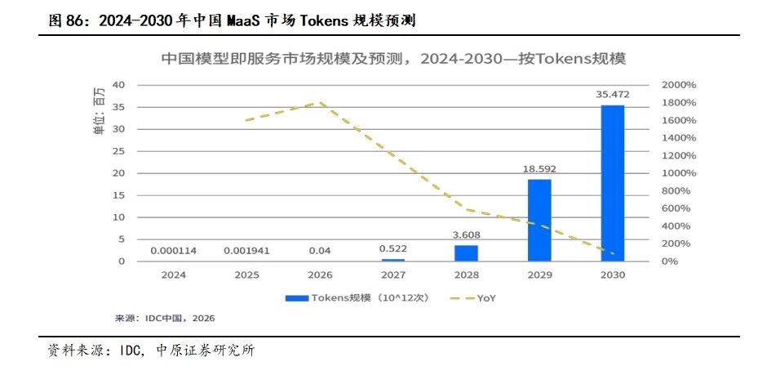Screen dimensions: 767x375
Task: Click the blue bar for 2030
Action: pos(613,183)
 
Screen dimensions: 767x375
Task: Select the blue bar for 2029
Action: pos(539,221)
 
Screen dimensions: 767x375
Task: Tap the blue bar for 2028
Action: pos(466,253)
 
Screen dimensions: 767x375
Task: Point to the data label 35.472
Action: pos(613,95)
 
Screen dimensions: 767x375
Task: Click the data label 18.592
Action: pos(539,169)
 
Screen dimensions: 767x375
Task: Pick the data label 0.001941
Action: pos(246,251)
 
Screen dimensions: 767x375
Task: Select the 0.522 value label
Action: pos(393,248)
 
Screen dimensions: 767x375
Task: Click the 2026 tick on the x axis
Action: pos(320,275)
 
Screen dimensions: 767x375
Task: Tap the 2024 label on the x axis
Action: pos(174,275)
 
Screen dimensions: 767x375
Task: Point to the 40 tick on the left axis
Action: pos(118,85)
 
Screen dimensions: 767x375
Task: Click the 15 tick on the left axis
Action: pos(118,195)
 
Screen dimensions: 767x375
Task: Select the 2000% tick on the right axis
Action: pos(678,85)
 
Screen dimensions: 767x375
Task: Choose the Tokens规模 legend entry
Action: pos(357,297)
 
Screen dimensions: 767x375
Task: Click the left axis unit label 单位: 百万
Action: pos(100,110)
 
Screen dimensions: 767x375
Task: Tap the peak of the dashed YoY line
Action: pos(321,103)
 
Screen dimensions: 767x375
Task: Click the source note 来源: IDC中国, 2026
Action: pos(165,318)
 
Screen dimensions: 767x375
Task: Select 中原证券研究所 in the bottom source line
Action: pos(206,350)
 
